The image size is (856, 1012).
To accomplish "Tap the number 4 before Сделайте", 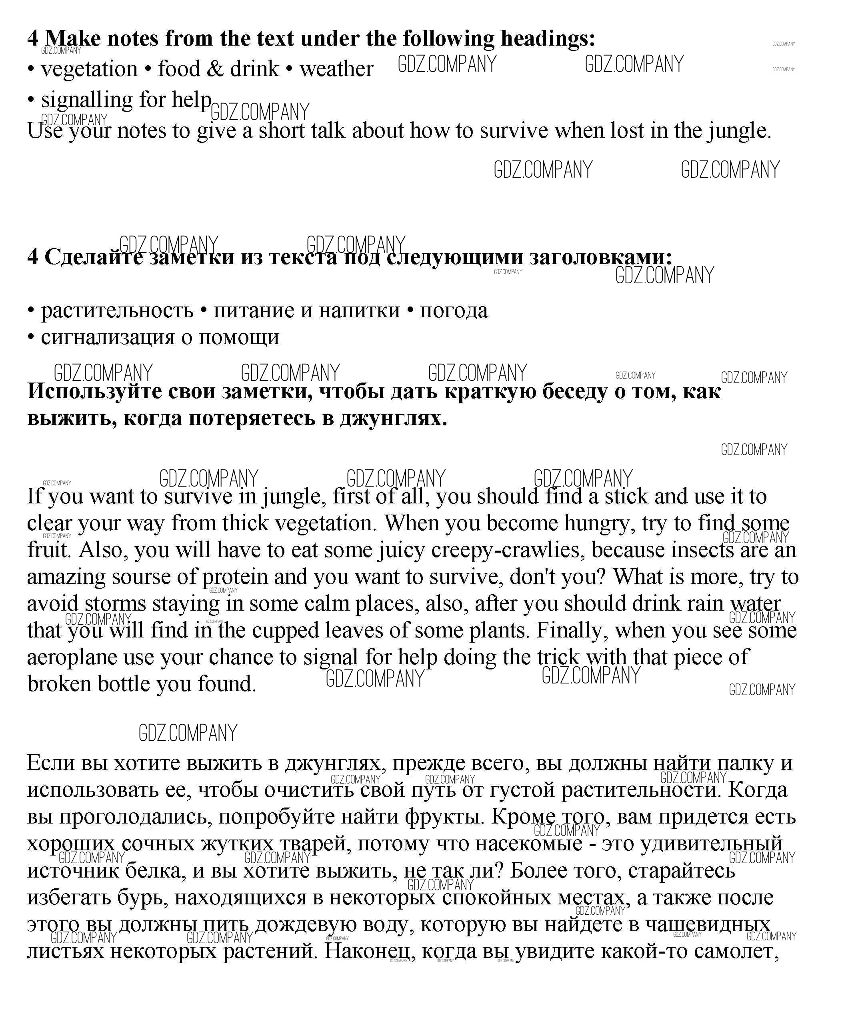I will (x=32, y=258).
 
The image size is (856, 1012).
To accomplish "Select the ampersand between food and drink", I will (x=215, y=69).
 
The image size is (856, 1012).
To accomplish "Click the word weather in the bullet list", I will (x=336, y=69).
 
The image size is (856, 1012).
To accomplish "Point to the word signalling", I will (x=86, y=100).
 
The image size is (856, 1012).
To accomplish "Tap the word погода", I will (x=454, y=311).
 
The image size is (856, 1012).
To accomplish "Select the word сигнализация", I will (x=107, y=337).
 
